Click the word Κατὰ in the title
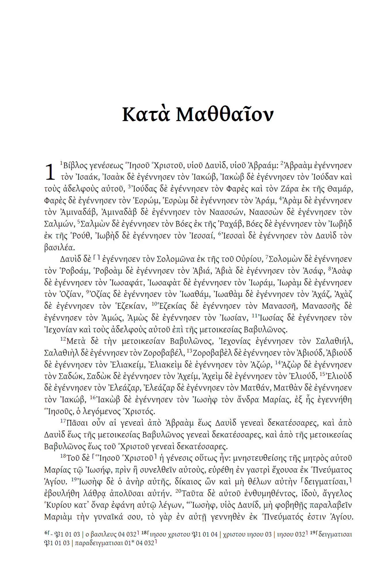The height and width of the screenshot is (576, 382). tap(145, 115)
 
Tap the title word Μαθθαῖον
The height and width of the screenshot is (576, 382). tap(225, 115)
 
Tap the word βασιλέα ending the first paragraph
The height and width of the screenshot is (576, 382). tap(59, 248)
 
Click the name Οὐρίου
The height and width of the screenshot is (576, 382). tap(248, 259)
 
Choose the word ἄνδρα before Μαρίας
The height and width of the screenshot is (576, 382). tap(248, 400)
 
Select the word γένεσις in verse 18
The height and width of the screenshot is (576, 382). tap(179, 458)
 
